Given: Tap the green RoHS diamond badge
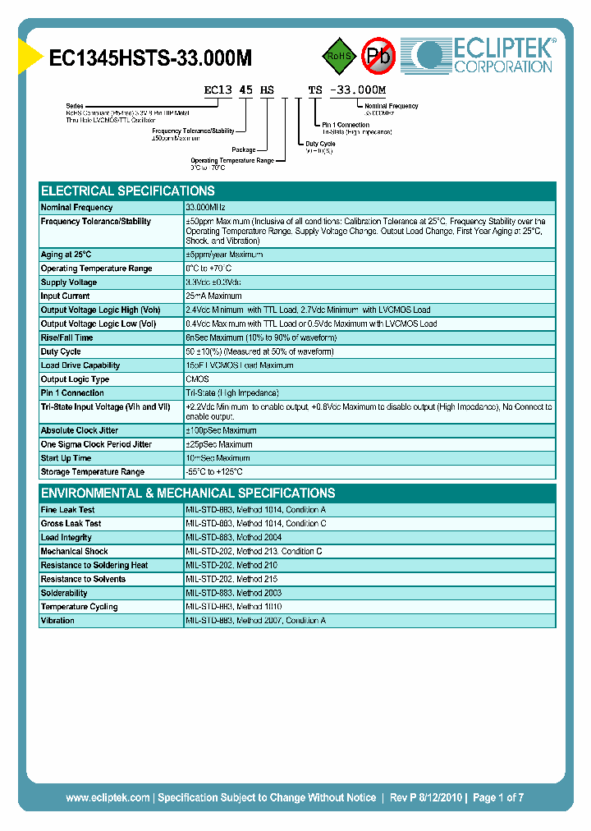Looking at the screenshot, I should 338,56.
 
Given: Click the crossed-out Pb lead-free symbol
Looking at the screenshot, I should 379,56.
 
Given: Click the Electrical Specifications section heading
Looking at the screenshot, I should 128,191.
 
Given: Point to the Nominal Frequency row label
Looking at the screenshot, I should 77,208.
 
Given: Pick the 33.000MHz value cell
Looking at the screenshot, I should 205,208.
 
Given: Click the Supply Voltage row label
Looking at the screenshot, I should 69,282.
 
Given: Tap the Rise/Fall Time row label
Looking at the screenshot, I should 67,337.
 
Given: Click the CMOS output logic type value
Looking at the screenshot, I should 198,379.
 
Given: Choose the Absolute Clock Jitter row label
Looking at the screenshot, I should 80,430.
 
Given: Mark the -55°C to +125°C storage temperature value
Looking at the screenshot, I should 214,472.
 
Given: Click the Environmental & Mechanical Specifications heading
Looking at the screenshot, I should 188,494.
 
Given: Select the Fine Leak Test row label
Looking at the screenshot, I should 68,510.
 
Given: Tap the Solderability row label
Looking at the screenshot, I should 64,593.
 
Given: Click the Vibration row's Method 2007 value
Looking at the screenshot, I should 255,621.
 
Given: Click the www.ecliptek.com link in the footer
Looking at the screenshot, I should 108,797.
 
